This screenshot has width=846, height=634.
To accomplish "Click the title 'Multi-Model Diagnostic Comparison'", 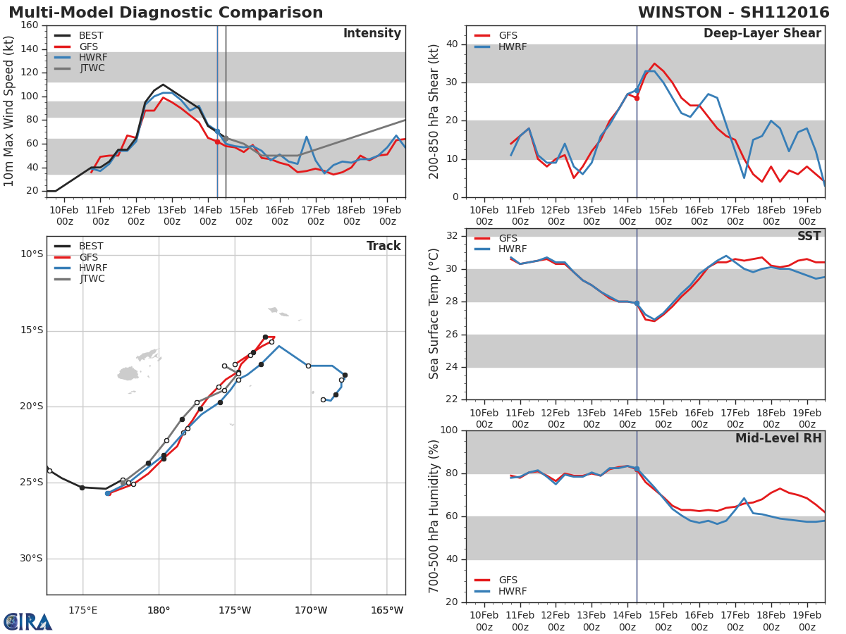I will coord(166,13).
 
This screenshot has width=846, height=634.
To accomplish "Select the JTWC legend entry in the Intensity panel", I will coord(91,68).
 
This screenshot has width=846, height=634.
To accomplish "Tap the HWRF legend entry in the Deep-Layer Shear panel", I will coord(513,47).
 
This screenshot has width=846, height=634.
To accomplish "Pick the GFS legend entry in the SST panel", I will coord(508,239).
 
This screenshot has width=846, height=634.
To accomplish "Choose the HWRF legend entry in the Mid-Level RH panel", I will coord(513,592).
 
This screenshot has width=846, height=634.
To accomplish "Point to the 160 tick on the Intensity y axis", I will coord(29,25).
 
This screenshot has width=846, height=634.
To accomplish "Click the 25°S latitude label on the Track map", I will coord(31,483).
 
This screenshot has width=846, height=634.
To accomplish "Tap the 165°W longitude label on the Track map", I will coord(387,610).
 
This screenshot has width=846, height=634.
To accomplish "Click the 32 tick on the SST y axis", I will coord(452,236).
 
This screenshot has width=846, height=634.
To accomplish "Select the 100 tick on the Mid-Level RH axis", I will coord(448,430).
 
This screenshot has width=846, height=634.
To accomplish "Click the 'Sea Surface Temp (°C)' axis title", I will coord(434,314).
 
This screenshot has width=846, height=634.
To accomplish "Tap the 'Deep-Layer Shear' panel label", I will coord(762,34).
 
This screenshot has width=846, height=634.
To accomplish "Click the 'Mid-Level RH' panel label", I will coord(778,439).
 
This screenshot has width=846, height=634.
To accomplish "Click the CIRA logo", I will coord(28,622).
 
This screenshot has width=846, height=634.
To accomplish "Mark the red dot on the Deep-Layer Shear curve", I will coord(637,98).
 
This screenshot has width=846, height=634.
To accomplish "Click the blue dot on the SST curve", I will coord(637,303).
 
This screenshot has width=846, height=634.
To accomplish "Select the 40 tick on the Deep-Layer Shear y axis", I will coord(452,44).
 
